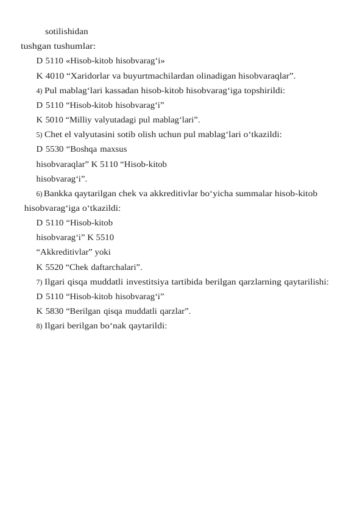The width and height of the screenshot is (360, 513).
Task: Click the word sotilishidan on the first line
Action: (x=66, y=30)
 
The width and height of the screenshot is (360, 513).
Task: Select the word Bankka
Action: (x=60, y=194)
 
